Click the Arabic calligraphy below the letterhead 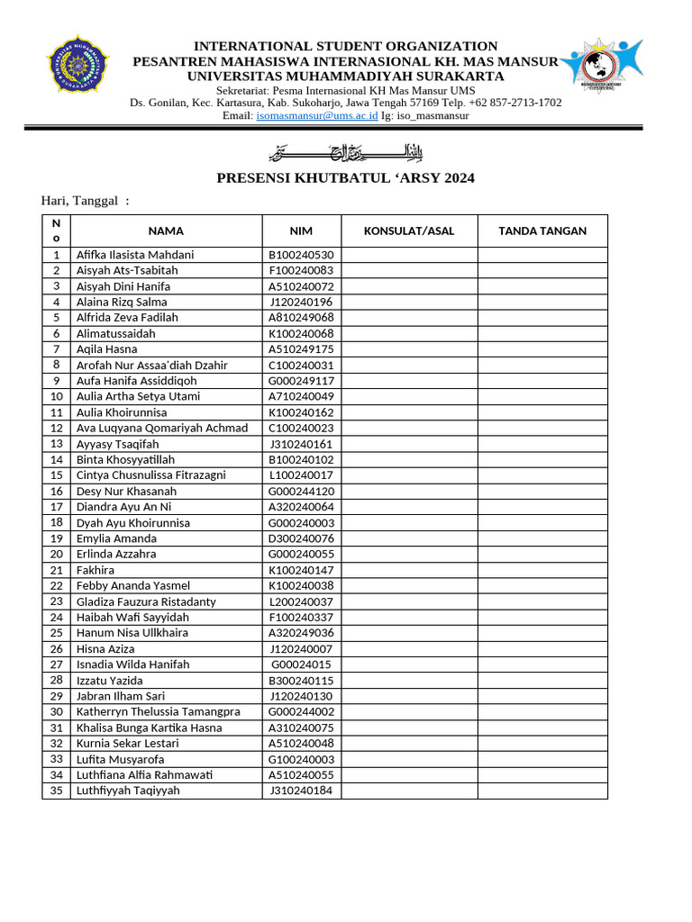pyautogui.click(x=347, y=150)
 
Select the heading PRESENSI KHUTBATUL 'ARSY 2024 pyautogui.click(x=346, y=178)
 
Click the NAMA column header pyautogui.click(x=166, y=231)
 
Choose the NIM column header pyautogui.click(x=301, y=231)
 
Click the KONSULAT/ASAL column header pyautogui.click(x=409, y=231)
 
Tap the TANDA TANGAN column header pyautogui.click(x=542, y=231)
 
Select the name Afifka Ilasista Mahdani pyautogui.click(x=135, y=255)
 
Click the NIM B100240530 pyautogui.click(x=301, y=255)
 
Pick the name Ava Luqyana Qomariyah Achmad pyautogui.click(x=162, y=428)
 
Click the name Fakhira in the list pyautogui.click(x=96, y=570)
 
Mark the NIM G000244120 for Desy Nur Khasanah pyautogui.click(x=301, y=492)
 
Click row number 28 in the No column pyautogui.click(x=56, y=680)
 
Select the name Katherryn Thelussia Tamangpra pyautogui.click(x=159, y=711)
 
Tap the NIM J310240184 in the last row pyautogui.click(x=301, y=791)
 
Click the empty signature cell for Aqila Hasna pyautogui.click(x=542, y=349)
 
